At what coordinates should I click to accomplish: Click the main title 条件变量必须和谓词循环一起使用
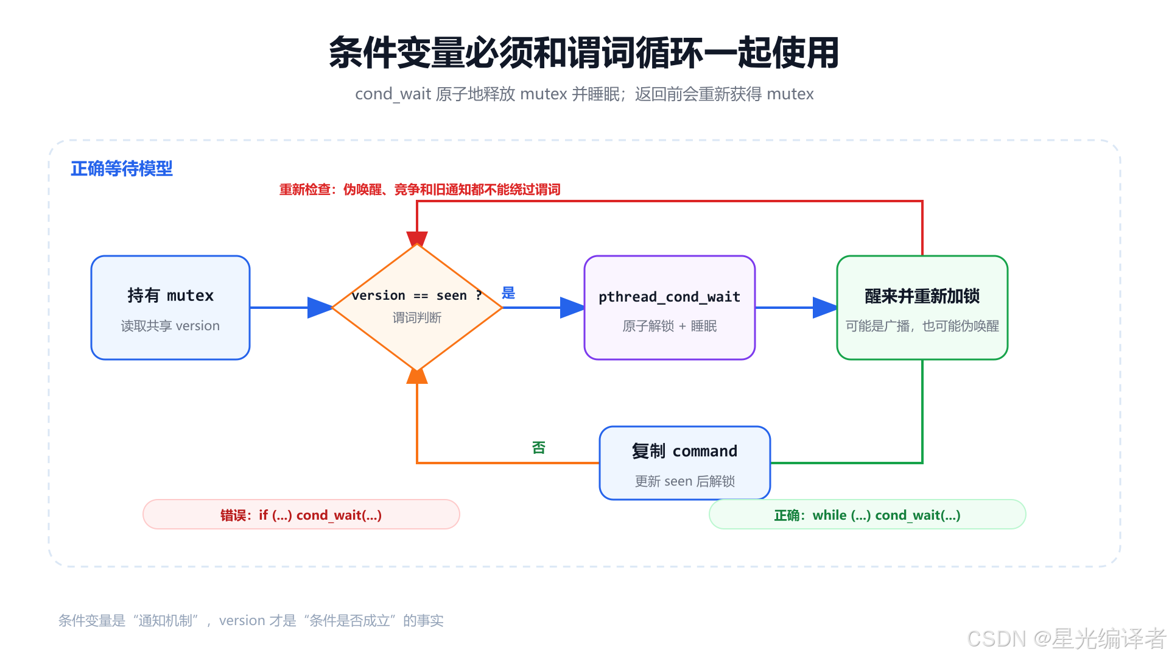[584, 52]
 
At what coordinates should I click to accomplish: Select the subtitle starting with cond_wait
[584, 94]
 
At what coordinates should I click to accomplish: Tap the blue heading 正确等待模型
[122, 169]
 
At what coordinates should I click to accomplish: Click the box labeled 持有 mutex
[170, 308]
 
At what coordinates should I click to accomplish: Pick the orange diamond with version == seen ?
[417, 308]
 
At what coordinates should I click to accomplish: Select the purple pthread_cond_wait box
[670, 308]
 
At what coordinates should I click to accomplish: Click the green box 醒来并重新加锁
[922, 308]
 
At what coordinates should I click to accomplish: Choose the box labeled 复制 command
[685, 463]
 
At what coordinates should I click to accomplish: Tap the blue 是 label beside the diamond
[508, 293]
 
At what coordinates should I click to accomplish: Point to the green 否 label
[539, 448]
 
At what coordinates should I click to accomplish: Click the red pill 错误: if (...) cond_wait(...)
[301, 515]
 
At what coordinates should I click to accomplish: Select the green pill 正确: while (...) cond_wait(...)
[868, 515]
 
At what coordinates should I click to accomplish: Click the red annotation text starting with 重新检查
[420, 189]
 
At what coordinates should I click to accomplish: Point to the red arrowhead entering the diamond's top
[417, 239]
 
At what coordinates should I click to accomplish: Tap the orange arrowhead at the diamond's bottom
[417, 376]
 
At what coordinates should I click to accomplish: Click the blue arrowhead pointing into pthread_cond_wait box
[572, 308]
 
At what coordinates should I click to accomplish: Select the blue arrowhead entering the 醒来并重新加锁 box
[825, 308]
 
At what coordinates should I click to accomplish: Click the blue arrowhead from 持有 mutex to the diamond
[320, 308]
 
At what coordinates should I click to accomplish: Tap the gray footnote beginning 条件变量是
[251, 620]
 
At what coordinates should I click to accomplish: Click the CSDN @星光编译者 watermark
[1067, 639]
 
